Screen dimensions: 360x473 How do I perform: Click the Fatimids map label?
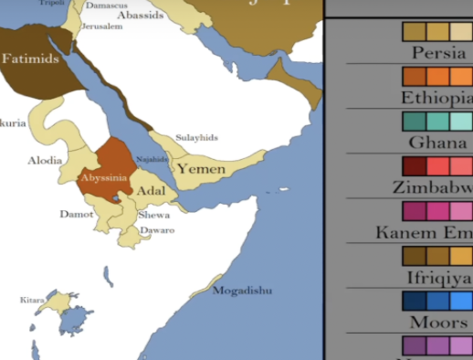[30, 58]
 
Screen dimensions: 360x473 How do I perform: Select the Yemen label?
[201, 168]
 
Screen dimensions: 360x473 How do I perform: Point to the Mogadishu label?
[242, 291]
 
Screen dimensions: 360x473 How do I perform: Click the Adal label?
[151, 191]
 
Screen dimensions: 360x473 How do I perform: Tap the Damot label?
[77, 214]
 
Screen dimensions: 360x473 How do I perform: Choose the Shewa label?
[153, 215]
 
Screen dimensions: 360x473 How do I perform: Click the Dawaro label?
[158, 230]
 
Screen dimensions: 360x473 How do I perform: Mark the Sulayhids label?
[197, 137]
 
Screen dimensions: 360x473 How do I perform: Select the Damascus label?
[107, 5]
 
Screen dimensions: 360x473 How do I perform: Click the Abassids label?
[141, 15]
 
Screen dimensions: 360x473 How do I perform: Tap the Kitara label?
[32, 300]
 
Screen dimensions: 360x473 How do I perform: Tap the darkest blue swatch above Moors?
[415, 301]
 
